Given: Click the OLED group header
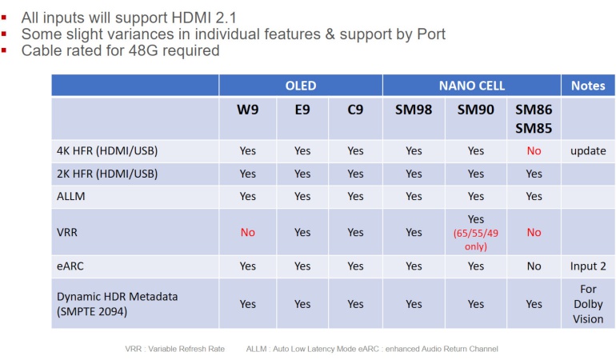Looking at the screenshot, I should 301,86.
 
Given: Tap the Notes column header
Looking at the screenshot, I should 588,86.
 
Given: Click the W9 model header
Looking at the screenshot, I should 248,110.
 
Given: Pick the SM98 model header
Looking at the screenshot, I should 414,110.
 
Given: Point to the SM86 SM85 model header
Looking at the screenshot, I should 534,118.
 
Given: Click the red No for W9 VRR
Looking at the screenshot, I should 248,232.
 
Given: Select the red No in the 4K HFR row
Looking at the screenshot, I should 534,150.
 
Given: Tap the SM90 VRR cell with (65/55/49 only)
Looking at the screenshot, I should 476,232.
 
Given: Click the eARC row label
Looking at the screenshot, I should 70,267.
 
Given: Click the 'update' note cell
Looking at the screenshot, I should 588,150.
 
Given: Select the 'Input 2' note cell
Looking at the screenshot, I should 588,267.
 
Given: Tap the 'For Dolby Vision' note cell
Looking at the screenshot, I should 588,303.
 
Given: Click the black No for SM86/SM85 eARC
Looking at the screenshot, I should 534,267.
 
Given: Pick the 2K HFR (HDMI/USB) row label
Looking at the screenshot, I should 107,174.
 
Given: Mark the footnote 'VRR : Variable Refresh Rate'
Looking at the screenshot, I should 175,348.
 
